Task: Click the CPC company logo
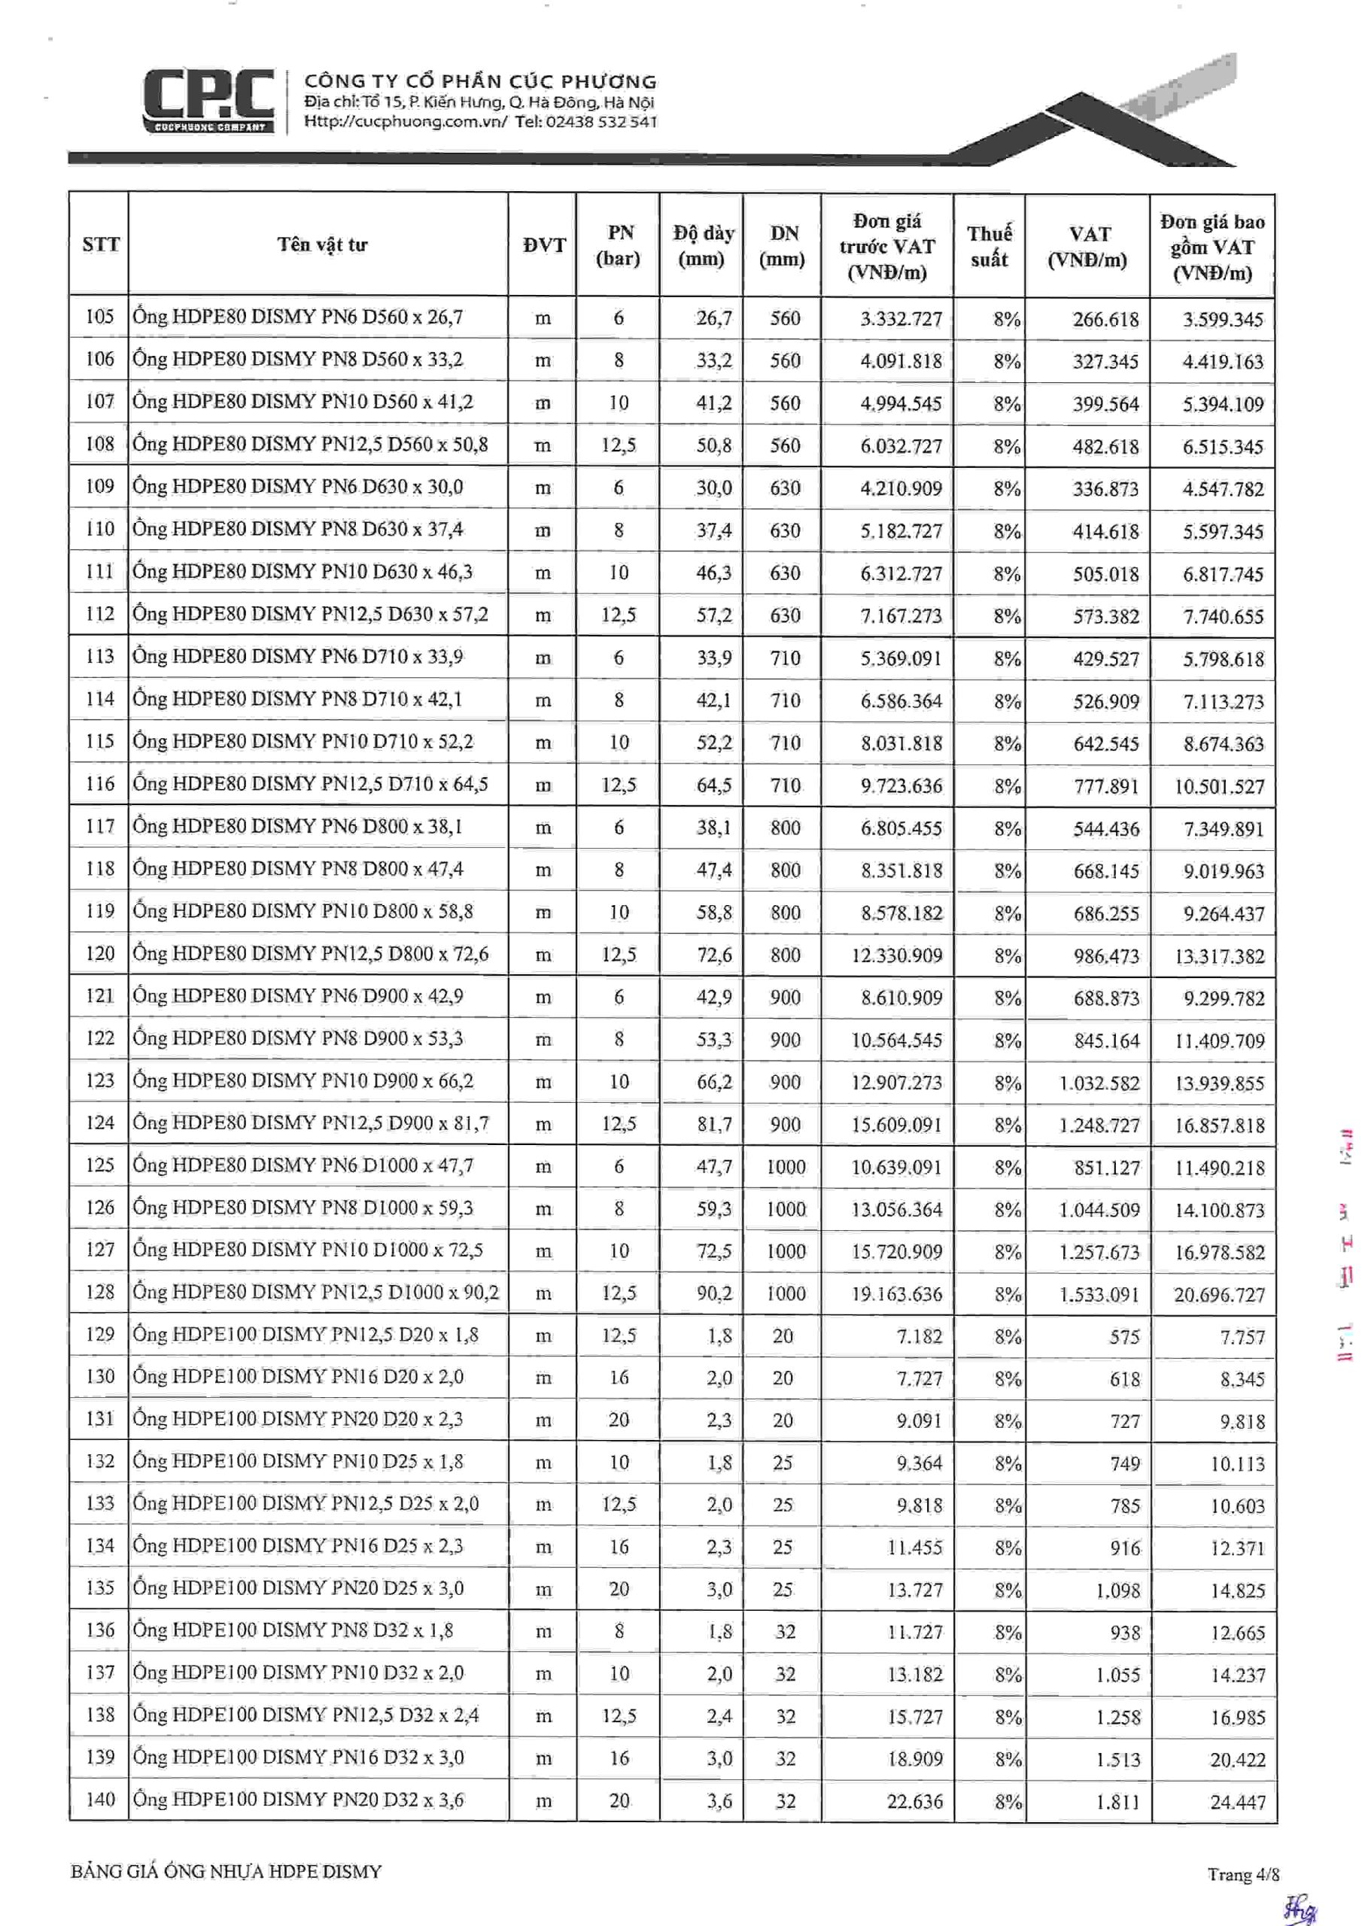pos(208,102)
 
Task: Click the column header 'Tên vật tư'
pos(322,245)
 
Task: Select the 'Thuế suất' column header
pos(989,246)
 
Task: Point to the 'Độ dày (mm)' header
pos(702,245)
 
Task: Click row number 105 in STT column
pos(99,317)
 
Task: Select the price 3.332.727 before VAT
pos(901,319)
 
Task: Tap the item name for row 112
pos(310,614)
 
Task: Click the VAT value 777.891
pos(1106,786)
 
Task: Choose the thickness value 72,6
pos(713,954)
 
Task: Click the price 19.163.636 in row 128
pos(896,1293)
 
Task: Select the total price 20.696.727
pos(1218,1294)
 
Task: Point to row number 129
pos(99,1334)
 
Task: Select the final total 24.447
pos(1237,1801)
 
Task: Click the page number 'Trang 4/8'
pos(1243,1874)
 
